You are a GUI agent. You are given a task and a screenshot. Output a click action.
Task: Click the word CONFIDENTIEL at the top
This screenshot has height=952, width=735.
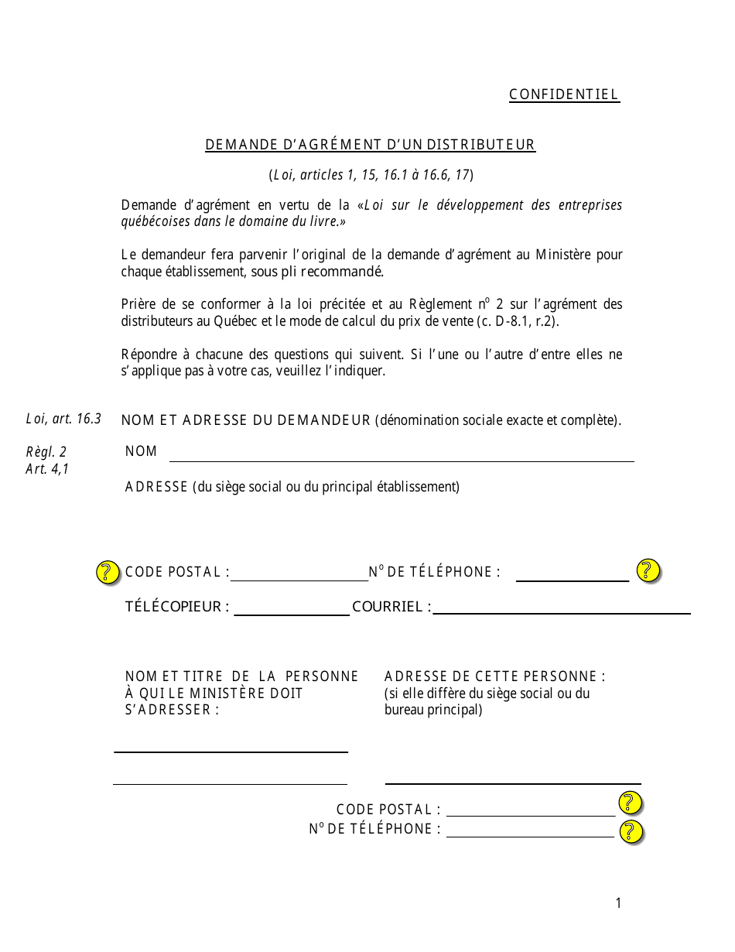[x=564, y=94]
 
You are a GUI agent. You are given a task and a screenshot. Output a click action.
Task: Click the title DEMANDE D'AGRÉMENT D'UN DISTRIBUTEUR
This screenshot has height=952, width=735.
[x=370, y=145]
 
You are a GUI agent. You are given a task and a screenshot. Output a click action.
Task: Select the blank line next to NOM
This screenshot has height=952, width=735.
[x=401, y=457]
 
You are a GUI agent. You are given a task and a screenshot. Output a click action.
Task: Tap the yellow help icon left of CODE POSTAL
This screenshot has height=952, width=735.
[x=108, y=572]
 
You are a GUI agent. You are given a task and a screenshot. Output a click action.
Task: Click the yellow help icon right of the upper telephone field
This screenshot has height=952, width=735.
[x=648, y=570]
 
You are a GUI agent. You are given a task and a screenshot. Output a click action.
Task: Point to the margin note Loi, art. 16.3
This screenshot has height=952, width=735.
[x=63, y=419]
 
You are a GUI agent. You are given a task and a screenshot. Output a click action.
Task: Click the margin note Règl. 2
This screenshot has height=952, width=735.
[x=46, y=452]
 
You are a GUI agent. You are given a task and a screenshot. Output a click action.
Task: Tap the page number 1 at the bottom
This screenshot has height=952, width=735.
[x=618, y=902]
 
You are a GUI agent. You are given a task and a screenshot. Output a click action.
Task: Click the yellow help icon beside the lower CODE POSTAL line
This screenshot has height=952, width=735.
[x=631, y=803]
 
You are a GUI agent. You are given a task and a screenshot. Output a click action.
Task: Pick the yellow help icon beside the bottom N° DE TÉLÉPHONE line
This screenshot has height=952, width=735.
[x=631, y=831]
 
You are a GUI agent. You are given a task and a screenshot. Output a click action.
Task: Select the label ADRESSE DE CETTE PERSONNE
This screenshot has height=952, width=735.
[x=494, y=676]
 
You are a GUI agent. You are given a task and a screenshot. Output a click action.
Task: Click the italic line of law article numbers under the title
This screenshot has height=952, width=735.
[x=371, y=175]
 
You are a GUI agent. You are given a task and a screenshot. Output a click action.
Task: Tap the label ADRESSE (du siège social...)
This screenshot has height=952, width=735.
[x=292, y=487]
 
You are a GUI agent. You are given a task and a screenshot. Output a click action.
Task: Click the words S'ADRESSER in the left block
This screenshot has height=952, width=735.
[x=172, y=710]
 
